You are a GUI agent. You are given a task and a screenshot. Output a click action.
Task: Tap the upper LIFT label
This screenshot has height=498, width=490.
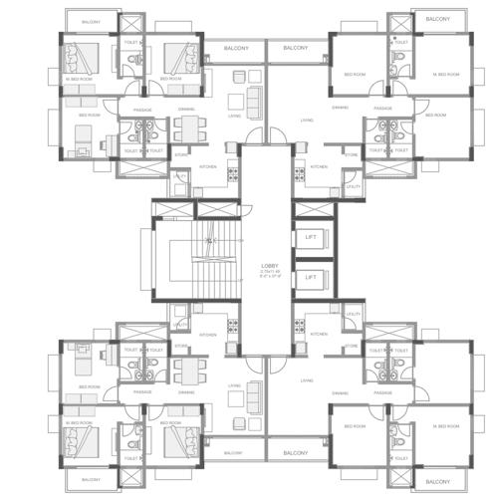coord(311,236)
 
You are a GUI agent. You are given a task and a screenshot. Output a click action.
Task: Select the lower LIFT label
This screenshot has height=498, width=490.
coord(311,276)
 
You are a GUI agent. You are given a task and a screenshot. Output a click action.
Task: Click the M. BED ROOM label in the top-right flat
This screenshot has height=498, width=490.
coord(445,75)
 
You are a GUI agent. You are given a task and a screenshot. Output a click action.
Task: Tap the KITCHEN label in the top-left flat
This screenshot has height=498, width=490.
coord(208,166)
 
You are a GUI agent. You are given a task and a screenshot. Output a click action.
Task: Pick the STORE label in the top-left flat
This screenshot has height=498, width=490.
coord(181,154)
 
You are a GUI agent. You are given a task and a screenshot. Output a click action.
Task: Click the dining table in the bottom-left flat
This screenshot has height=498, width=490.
coord(186,372)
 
